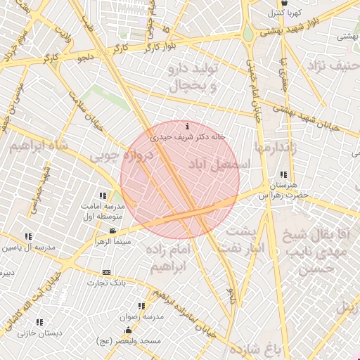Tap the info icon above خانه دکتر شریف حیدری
(186, 127)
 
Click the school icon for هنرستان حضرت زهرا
(283, 174)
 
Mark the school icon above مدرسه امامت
(103, 195)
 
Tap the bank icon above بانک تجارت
(106, 272)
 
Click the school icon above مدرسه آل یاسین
(28, 236)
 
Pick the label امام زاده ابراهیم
(169, 257)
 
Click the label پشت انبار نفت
(243, 240)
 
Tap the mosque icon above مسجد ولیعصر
(128, 330)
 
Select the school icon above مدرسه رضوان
(141, 306)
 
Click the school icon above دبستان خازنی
(39, 322)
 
